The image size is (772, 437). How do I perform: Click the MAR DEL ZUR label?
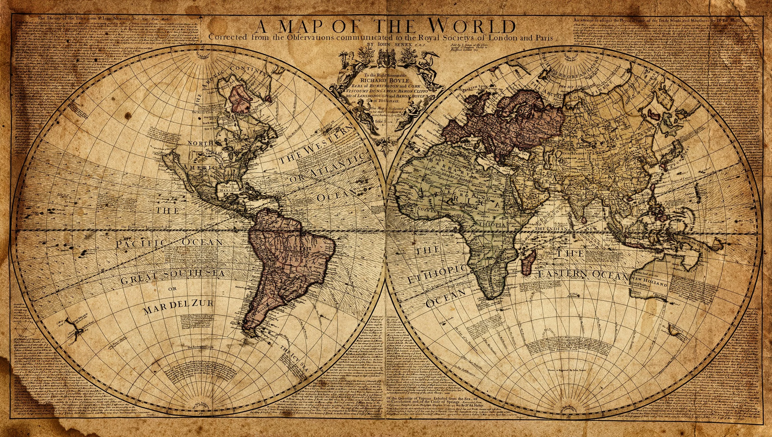pos(179,303)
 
